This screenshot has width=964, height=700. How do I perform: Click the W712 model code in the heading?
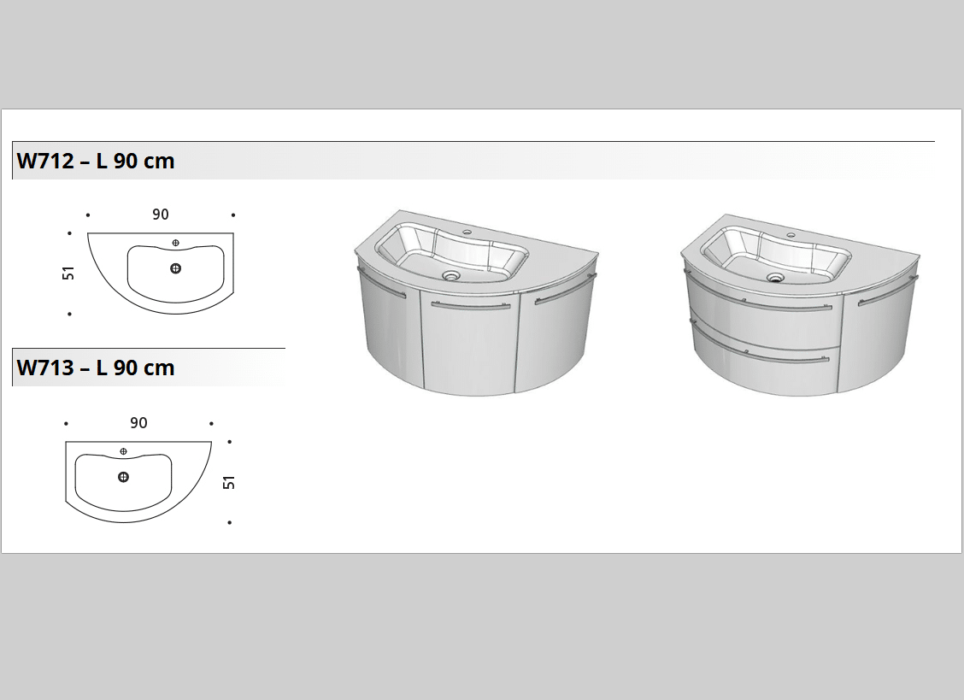45,162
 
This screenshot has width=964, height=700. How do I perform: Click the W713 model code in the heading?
45,368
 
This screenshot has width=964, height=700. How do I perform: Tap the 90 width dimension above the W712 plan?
161,215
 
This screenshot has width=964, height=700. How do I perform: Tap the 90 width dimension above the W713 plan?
139,423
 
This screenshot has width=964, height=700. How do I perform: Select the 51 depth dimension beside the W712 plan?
68,274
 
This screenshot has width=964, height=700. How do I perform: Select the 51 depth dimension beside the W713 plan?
229,482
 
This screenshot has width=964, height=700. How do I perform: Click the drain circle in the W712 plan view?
176,268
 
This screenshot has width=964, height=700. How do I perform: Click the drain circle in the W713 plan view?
124,477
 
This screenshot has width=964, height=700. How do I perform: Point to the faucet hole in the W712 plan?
176,243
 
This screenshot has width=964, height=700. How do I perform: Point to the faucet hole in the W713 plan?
124,451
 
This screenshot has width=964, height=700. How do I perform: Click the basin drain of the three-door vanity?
450,275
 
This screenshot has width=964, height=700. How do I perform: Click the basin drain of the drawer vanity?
776,278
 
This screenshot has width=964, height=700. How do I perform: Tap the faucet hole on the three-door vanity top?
467,232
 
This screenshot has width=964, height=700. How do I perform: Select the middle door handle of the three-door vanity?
471,305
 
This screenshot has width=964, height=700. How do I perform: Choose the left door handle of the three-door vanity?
380,283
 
